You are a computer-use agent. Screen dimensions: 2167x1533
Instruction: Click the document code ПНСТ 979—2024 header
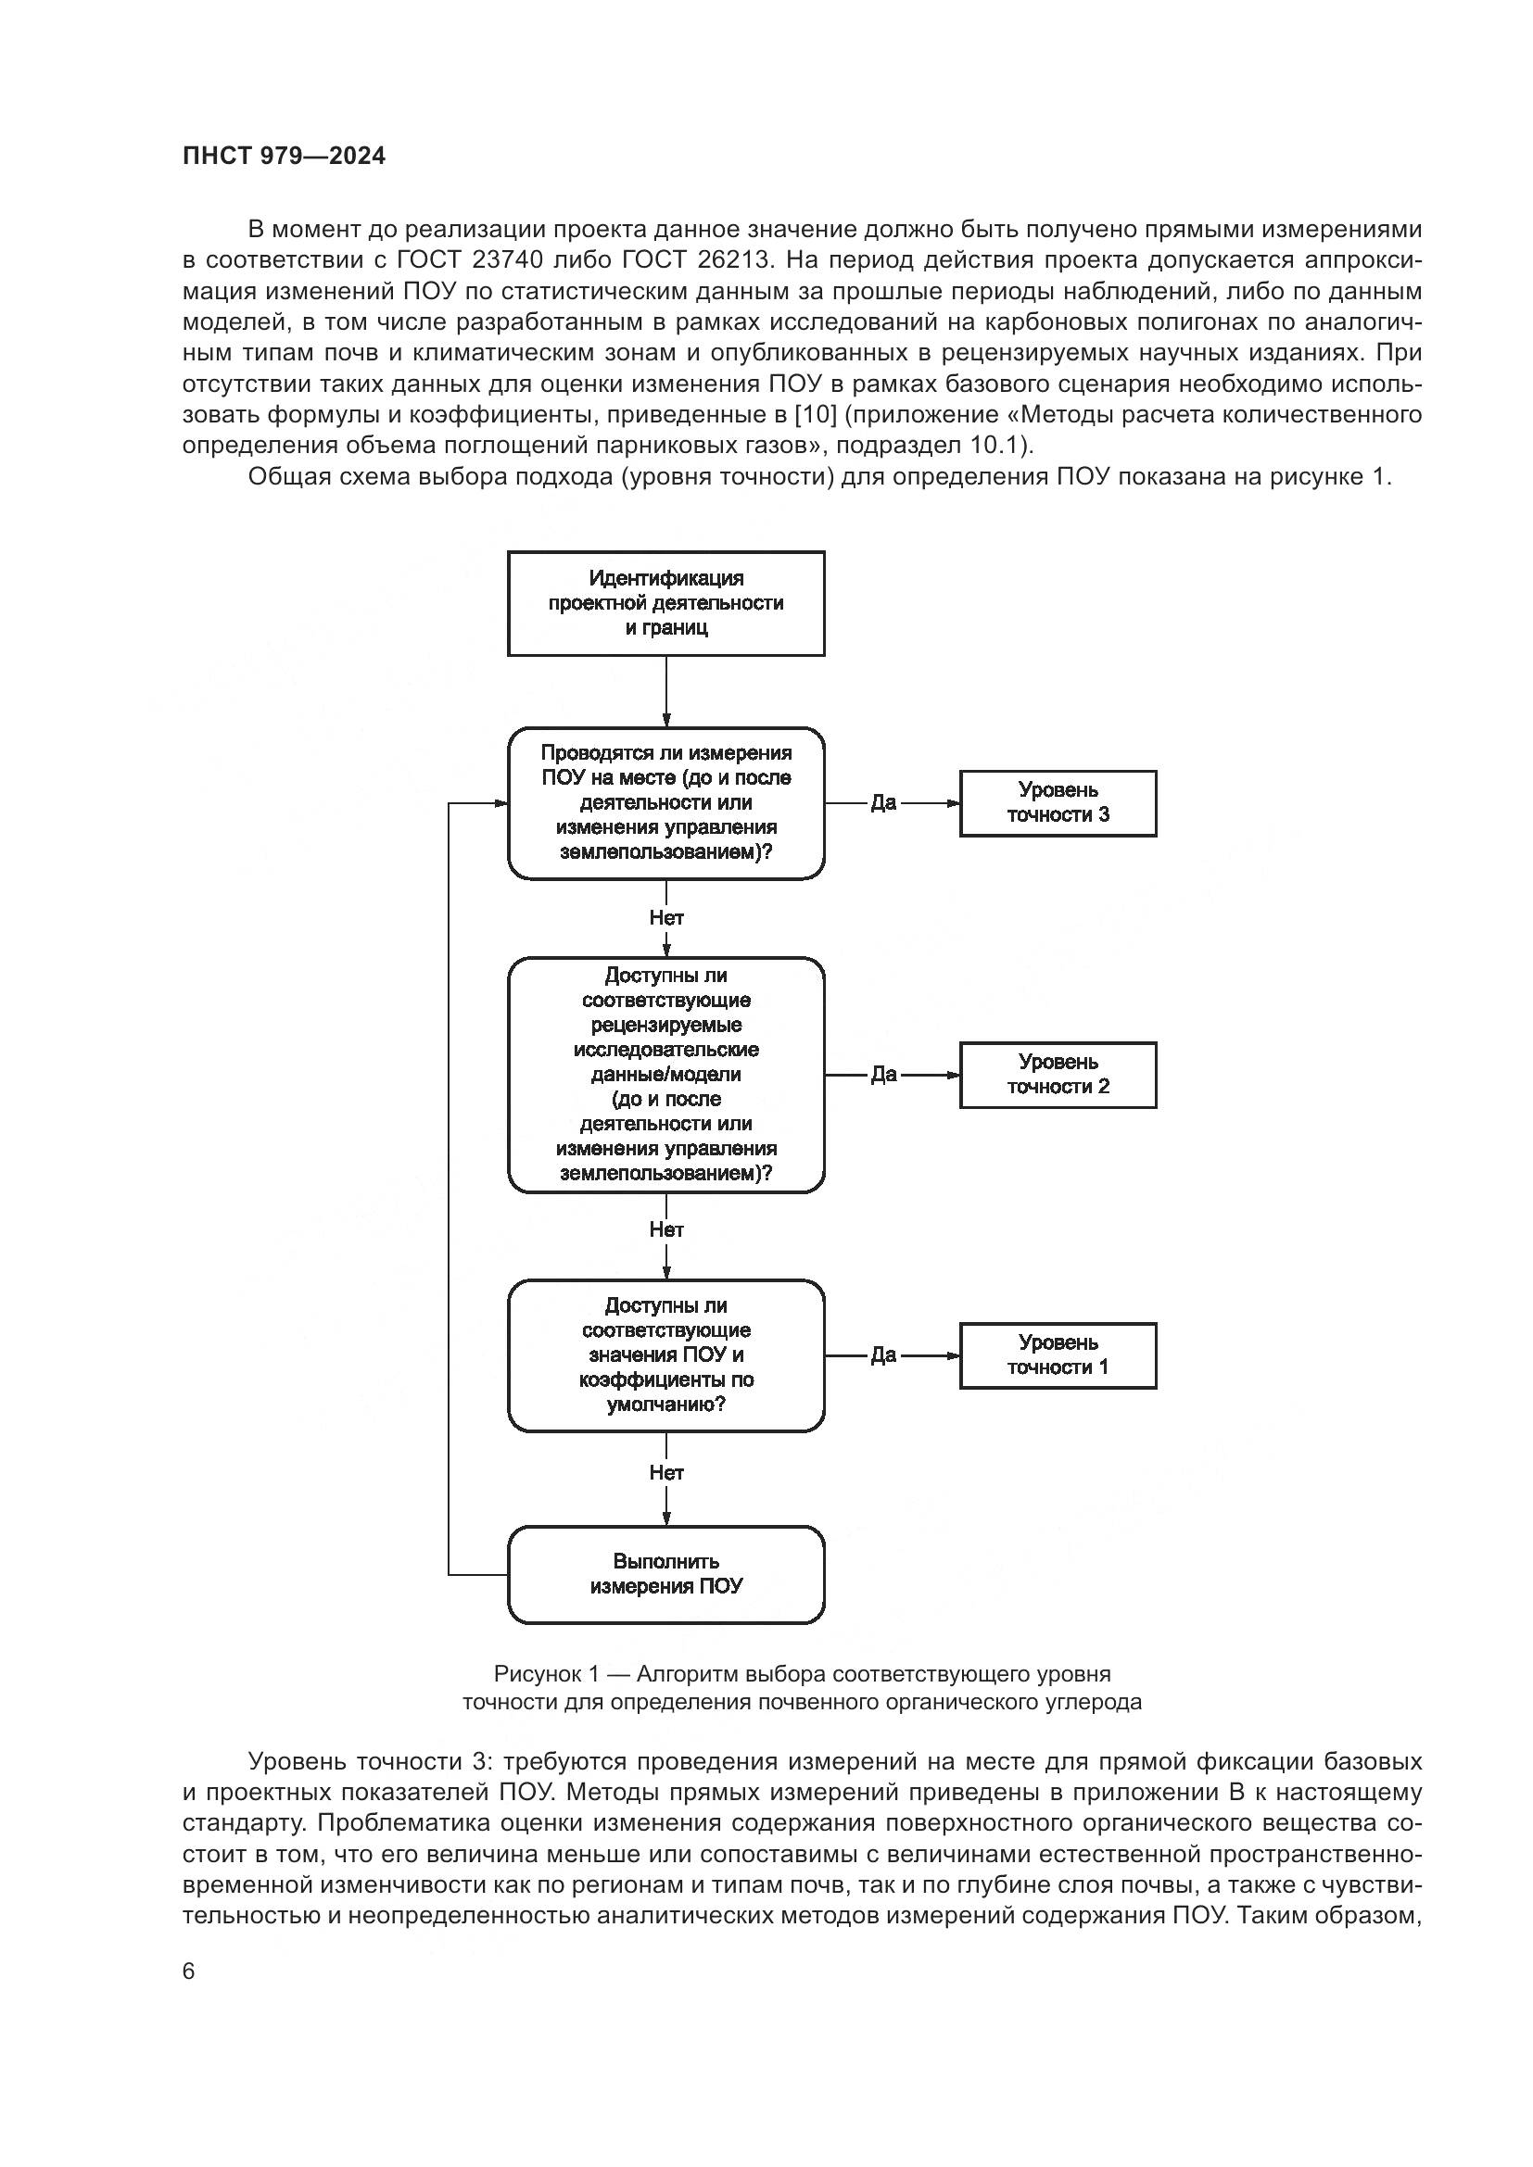pos(285,157)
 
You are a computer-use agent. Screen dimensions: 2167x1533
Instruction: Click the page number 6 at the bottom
pos(189,1971)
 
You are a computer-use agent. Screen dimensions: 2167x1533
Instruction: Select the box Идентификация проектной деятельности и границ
pos(665,603)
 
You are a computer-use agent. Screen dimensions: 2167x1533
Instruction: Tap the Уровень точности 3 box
pos(1058,803)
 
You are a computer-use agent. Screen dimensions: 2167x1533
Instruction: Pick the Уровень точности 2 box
pos(1058,1074)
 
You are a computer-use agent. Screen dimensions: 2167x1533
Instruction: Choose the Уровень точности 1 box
pos(1058,1355)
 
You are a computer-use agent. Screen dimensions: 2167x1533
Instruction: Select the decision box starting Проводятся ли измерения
pos(665,803)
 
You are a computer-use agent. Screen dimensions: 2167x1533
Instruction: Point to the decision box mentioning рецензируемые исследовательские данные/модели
pos(665,1074)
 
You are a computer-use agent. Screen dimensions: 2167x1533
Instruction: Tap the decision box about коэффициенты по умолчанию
pos(665,1355)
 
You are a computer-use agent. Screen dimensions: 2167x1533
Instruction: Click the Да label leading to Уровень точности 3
pos(883,803)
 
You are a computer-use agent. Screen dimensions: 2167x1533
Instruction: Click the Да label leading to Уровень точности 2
pos(883,1074)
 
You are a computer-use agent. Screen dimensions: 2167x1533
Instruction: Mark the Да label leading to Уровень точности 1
pos(883,1355)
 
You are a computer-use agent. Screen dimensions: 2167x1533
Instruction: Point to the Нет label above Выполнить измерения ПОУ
pos(666,1472)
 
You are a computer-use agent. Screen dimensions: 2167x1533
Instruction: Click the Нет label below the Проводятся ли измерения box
pos(666,917)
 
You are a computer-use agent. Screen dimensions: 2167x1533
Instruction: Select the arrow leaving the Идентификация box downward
pos(666,691)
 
